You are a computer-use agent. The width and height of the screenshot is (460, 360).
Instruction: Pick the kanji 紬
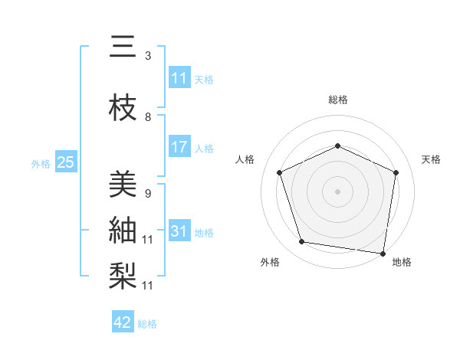tap(123, 229)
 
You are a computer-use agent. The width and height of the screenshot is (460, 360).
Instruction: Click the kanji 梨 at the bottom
tap(123, 274)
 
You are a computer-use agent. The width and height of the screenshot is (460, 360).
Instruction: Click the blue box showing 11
tap(179, 78)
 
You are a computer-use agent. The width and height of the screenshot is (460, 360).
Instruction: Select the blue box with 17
tap(179, 147)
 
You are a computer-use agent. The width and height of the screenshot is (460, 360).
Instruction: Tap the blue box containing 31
tap(179, 231)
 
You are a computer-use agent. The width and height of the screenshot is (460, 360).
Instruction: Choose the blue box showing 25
tap(65, 162)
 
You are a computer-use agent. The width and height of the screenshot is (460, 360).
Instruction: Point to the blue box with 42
tap(123, 322)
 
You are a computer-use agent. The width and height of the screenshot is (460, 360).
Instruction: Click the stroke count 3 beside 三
tap(148, 56)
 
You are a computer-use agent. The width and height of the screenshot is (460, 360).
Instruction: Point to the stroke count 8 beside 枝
tap(148, 117)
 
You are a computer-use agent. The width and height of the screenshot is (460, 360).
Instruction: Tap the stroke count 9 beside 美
tap(148, 193)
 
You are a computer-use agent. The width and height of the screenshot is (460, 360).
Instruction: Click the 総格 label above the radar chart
tap(337, 100)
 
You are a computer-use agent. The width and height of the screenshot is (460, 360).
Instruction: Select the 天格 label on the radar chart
tap(431, 159)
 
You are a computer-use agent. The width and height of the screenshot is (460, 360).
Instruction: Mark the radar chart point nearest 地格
tap(383, 253)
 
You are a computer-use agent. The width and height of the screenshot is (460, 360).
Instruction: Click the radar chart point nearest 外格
tap(302, 242)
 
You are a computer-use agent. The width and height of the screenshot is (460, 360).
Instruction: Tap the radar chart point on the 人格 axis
tap(280, 172)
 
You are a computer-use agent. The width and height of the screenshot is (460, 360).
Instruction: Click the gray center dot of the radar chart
tap(337, 191)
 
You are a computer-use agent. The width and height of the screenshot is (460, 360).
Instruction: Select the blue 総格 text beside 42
tap(147, 323)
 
